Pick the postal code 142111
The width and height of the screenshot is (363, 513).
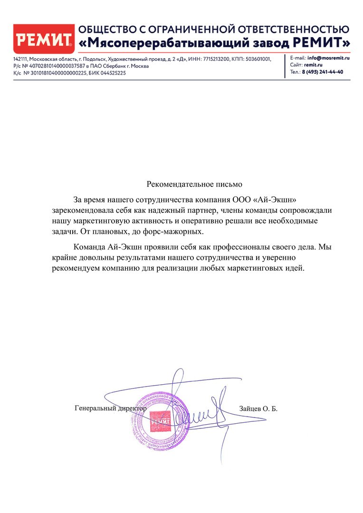tap(20, 59)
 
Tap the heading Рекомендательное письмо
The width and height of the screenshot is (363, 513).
tap(194, 184)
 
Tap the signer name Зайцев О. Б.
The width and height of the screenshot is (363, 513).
tap(258, 408)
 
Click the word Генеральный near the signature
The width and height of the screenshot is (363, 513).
tap(96, 408)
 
